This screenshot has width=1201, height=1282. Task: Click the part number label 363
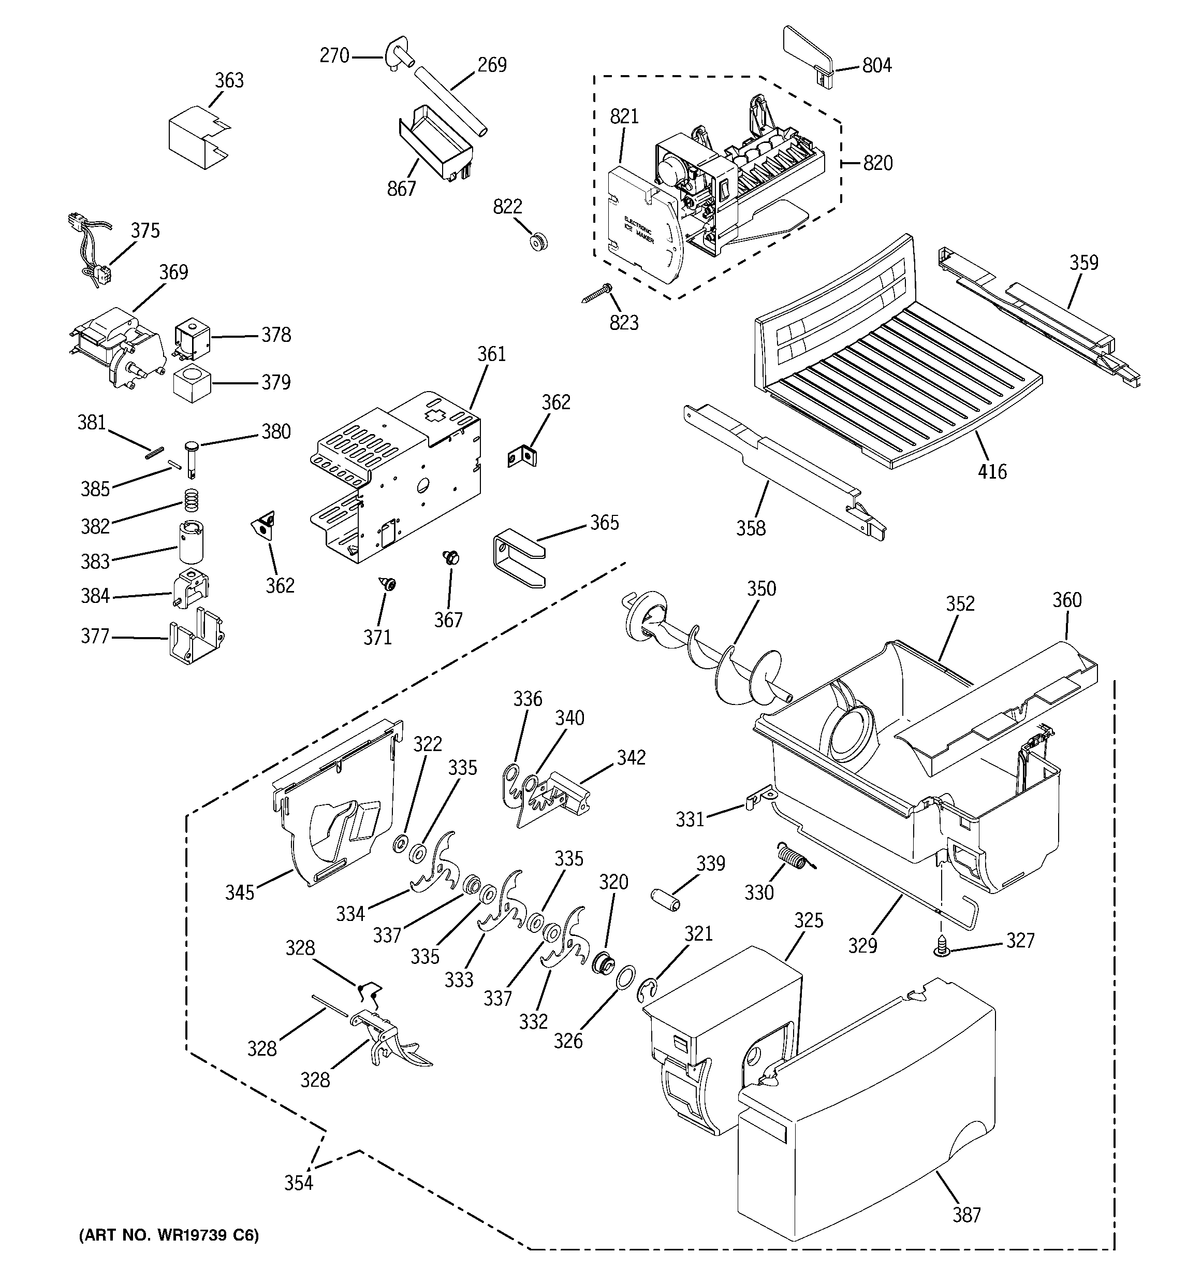pos(229,81)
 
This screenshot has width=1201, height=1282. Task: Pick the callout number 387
pos(966,1215)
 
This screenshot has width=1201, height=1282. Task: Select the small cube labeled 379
pos(192,383)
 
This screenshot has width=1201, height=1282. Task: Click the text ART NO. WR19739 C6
pos(169,1235)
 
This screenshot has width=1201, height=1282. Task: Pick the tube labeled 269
pos(450,100)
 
